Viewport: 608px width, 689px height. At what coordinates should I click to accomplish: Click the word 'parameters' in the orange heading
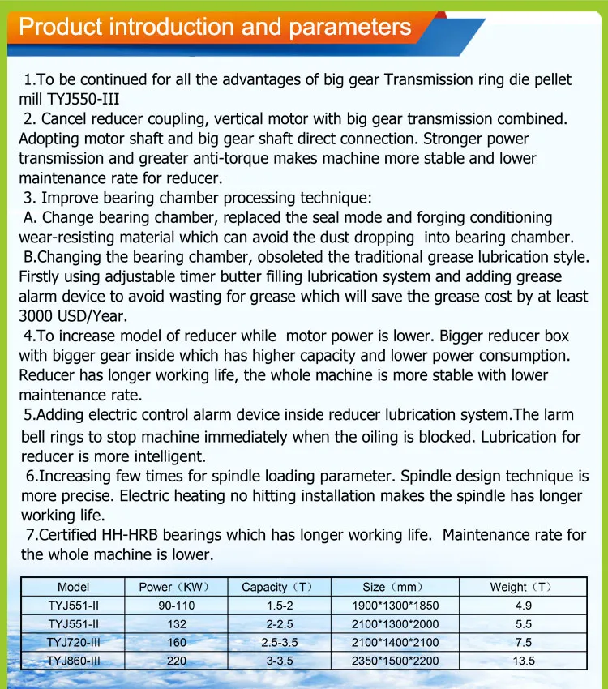pyautogui.click(x=349, y=28)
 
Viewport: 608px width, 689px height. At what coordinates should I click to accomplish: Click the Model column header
pyautogui.click(x=74, y=587)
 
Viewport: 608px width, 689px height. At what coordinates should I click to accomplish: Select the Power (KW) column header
pyautogui.click(x=176, y=587)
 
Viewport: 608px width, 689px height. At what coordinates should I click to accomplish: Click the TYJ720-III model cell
pyautogui.click(x=74, y=642)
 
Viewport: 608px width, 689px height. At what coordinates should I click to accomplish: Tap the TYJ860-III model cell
pyautogui.click(x=74, y=661)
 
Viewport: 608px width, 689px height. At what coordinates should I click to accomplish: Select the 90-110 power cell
pyautogui.click(x=176, y=606)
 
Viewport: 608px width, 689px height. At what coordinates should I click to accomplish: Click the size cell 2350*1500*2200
pyautogui.click(x=395, y=661)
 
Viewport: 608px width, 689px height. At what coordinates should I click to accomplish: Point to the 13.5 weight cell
pyautogui.click(x=523, y=661)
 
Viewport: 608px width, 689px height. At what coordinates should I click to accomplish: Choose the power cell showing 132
pyautogui.click(x=176, y=624)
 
